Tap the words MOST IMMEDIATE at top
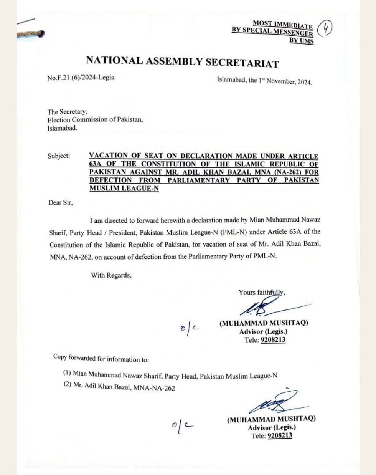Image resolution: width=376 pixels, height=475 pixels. click(282, 25)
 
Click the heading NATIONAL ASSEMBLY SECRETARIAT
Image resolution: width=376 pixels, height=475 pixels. click(182, 61)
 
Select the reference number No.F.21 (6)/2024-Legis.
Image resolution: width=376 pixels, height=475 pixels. click(81, 78)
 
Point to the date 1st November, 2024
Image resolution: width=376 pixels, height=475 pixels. click(285, 81)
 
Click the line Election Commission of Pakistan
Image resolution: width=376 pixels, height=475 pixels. click(95, 120)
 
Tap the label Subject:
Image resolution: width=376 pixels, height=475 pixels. click(59, 156)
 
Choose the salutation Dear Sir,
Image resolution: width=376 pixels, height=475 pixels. click(60, 202)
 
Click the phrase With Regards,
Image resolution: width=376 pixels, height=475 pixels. click(111, 275)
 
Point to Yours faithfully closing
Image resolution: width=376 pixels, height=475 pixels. click(262, 292)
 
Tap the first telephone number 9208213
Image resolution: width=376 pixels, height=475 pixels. click(273, 340)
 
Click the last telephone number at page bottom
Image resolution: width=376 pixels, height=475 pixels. click(280, 435)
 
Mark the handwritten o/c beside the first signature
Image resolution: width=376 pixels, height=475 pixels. click(190, 329)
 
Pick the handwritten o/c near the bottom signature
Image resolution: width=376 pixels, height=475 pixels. click(182, 425)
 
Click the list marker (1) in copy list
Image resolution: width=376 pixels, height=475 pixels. click(67, 372)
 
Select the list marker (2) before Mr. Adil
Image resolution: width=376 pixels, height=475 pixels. click(68, 385)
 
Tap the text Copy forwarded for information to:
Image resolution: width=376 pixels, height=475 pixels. click(101, 358)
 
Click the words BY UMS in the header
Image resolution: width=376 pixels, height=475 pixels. click(301, 41)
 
